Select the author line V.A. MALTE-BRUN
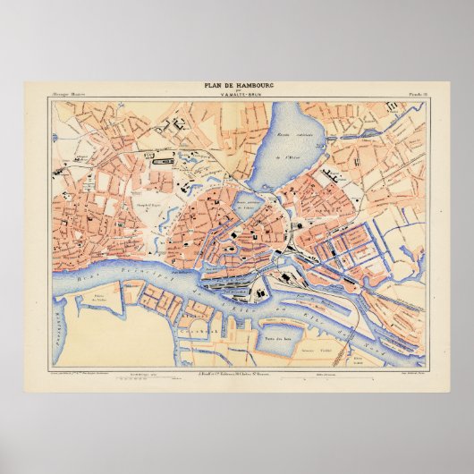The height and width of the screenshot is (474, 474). [236, 92]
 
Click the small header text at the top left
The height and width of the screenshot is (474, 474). [69, 93]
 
